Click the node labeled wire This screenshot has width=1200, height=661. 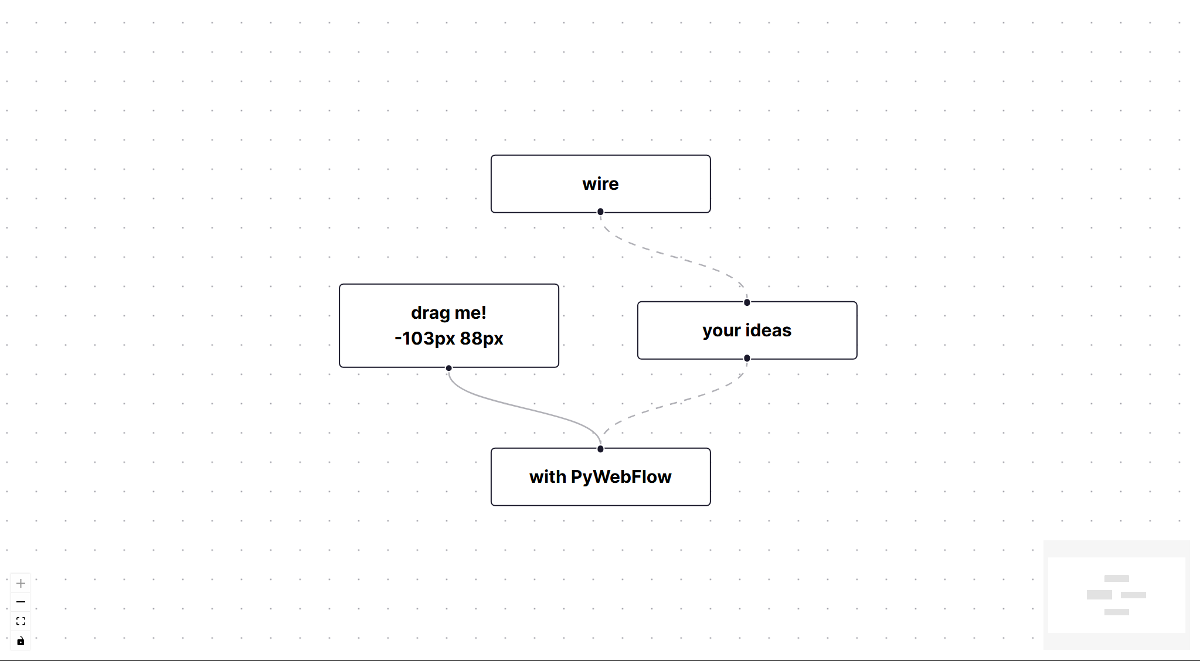pyautogui.click(x=600, y=184)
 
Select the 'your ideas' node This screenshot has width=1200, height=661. pyautogui.click(x=747, y=330)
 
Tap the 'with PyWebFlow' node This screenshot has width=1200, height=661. pyautogui.click(x=600, y=477)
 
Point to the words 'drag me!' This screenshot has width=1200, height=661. pyautogui.click(x=448, y=313)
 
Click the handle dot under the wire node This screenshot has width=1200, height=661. pyautogui.click(x=600, y=212)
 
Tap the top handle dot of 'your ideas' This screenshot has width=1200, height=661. pyautogui.click(x=747, y=302)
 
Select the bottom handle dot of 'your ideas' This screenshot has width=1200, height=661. pyautogui.click(x=747, y=358)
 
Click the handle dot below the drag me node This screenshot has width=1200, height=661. pyautogui.click(x=448, y=368)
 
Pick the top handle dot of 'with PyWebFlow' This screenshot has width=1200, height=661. pyautogui.click(x=600, y=449)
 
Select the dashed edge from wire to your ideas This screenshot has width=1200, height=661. pyautogui.click(x=674, y=257)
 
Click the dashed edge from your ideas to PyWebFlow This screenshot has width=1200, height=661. pyautogui.click(x=674, y=404)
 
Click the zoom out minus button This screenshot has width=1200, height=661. pyautogui.click(x=21, y=602)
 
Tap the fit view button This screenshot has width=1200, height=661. pyautogui.click(x=21, y=621)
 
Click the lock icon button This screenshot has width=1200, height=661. pyautogui.click(x=21, y=640)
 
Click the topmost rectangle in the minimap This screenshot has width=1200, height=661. pyautogui.click(x=1116, y=578)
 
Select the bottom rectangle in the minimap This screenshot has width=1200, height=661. pyautogui.click(x=1116, y=612)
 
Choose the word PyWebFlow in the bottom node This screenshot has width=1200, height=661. pyautogui.click(x=621, y=477)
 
